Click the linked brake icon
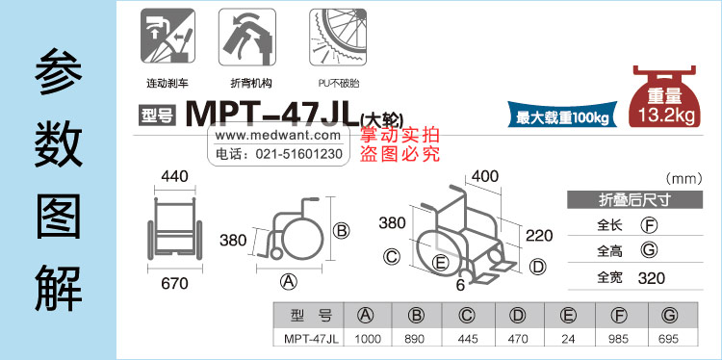point(168,36)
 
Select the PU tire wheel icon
point(339,37)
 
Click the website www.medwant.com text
point(278,136)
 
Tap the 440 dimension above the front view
point(174,176)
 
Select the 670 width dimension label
point(174,284)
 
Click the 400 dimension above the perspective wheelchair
point(484,176)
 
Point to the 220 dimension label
point(539,236)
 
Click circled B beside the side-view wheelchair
point(341,230)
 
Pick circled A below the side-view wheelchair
point(289,281)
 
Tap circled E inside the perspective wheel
point(441,263)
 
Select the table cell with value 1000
point(368,339)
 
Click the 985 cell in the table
point(618,339)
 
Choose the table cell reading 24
point(568,339)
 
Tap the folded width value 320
point(651,278)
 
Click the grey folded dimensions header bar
point(634,200)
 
